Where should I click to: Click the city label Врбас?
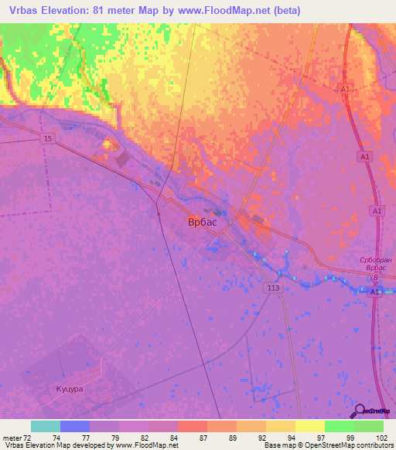coord(203,222)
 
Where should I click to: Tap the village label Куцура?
coord(69,389)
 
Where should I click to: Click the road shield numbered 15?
coord(48,138)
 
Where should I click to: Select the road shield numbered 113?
coord(273,288)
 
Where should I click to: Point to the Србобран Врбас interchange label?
coord(377,265)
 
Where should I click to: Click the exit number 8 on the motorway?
coord(376,277)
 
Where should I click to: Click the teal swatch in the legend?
coord(46,426)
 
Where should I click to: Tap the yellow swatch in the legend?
coord(309,426)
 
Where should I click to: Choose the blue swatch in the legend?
coord(75,426)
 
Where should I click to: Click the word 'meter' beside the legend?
coord(12,438)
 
